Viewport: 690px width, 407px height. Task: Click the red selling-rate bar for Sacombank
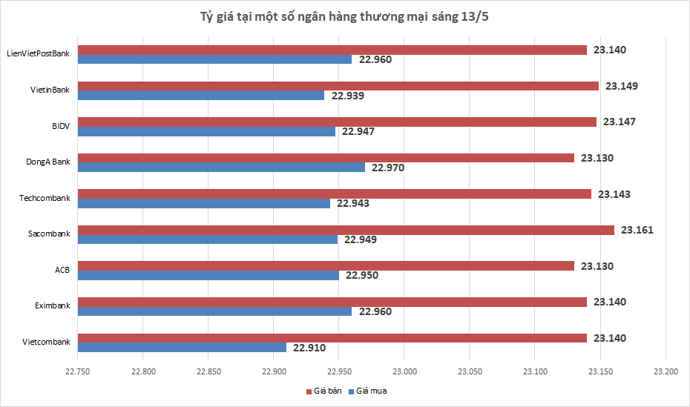(x=346, y=230)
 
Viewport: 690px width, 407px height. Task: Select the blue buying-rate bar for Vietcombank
(x=182, y=347)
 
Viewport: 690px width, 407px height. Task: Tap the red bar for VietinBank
(x=338, y=86)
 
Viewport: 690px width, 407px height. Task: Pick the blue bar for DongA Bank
(x=221, y=168)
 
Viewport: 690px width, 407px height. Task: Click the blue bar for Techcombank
(x=203, y=203)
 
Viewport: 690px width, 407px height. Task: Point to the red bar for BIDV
(x=337, y=122)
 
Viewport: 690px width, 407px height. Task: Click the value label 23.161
(x=637, y=230)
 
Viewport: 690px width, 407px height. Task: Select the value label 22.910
(x=309, y=347)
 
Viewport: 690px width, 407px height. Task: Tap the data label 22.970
(x=387, y=168)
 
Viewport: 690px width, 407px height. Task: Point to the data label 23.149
(x=621, y=86)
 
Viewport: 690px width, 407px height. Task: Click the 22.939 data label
(x=347, y=96)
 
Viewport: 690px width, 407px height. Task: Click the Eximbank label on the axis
(x=52, y=305)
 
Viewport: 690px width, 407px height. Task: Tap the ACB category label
(x=62, y=270)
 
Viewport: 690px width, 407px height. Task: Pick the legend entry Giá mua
(x=371, y=390)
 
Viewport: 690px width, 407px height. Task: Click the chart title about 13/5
(x=344, y=17)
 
